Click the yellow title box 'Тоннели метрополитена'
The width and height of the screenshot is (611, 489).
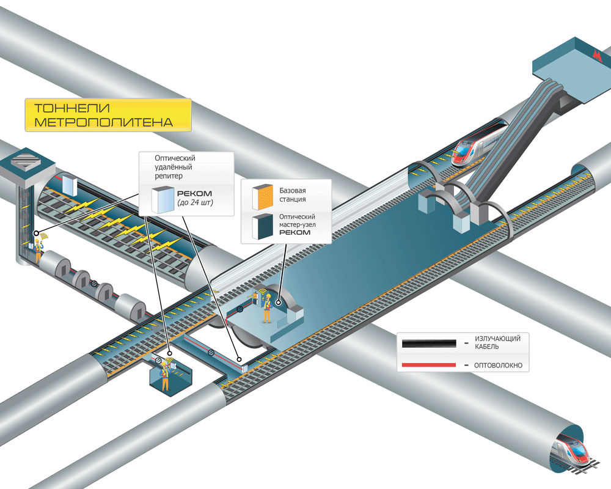[x=108, y=115]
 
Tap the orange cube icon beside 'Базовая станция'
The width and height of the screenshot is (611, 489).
[x=263, y=194]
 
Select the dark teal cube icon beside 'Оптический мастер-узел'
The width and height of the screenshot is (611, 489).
[x=264, y=226]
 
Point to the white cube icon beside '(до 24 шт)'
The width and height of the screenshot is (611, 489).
[x=163, y=199]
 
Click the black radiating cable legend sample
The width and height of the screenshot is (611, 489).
[x=428, y=343]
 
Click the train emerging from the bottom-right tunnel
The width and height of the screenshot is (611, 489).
[x=571, y=452]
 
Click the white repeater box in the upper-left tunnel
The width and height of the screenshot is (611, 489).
[x=69, y=184]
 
